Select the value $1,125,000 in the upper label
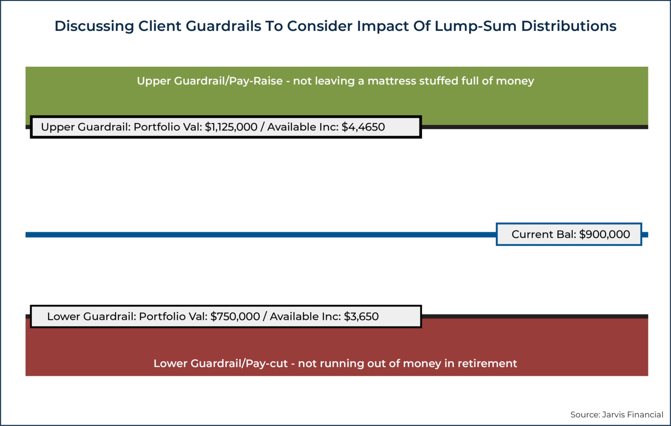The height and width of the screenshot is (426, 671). point(231,127)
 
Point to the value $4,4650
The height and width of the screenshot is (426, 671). point(363,127)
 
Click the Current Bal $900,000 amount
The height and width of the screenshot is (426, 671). point(605,234)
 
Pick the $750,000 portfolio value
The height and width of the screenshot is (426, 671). point(235,316)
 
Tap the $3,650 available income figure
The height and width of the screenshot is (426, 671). point(361,316)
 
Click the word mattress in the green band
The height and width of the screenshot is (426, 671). point(391,81)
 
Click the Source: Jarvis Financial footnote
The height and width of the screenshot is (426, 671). point(616,415)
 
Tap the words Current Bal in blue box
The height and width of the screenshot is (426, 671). point(543,234)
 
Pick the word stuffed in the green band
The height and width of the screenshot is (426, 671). point(438,81)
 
